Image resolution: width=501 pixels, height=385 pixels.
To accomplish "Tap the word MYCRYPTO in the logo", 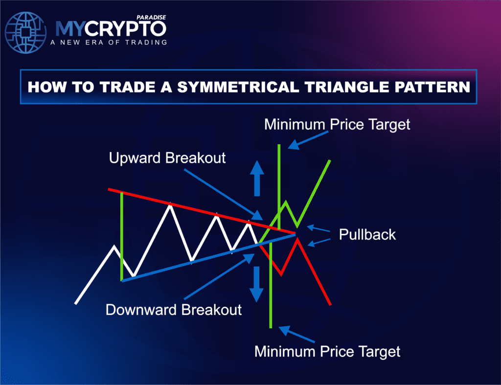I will pos(111,29).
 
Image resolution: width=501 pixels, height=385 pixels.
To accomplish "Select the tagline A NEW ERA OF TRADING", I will pos(108,42).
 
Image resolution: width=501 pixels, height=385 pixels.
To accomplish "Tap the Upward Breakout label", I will pos(167,158).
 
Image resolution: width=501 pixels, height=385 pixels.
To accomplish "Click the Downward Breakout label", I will pos(174,310).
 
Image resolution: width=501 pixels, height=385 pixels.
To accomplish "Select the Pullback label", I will pos(367,234).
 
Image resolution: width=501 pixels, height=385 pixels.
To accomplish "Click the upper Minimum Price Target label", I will pos(337,124).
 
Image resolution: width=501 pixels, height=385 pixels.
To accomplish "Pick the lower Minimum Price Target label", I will pos(327,351).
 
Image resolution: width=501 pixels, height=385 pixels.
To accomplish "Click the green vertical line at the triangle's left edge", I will pos(121,235).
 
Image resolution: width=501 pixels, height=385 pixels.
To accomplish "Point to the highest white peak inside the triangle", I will pos(170,205).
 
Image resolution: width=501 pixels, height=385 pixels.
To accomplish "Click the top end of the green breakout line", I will pos(331,160).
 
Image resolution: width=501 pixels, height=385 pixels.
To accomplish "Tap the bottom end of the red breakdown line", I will pos(330,304).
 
